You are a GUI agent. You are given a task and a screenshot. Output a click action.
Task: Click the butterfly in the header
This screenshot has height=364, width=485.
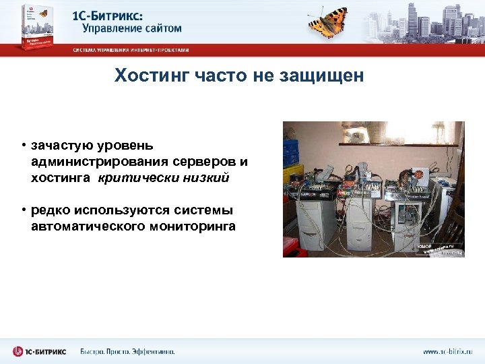[x=328, y=22]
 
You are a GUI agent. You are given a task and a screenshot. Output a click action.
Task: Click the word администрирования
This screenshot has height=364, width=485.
[x=99, y=162]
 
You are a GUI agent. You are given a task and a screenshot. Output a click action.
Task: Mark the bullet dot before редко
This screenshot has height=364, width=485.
[x=22, y=210]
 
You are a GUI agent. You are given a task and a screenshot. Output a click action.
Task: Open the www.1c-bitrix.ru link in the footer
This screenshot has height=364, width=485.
[x=448, y=352]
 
